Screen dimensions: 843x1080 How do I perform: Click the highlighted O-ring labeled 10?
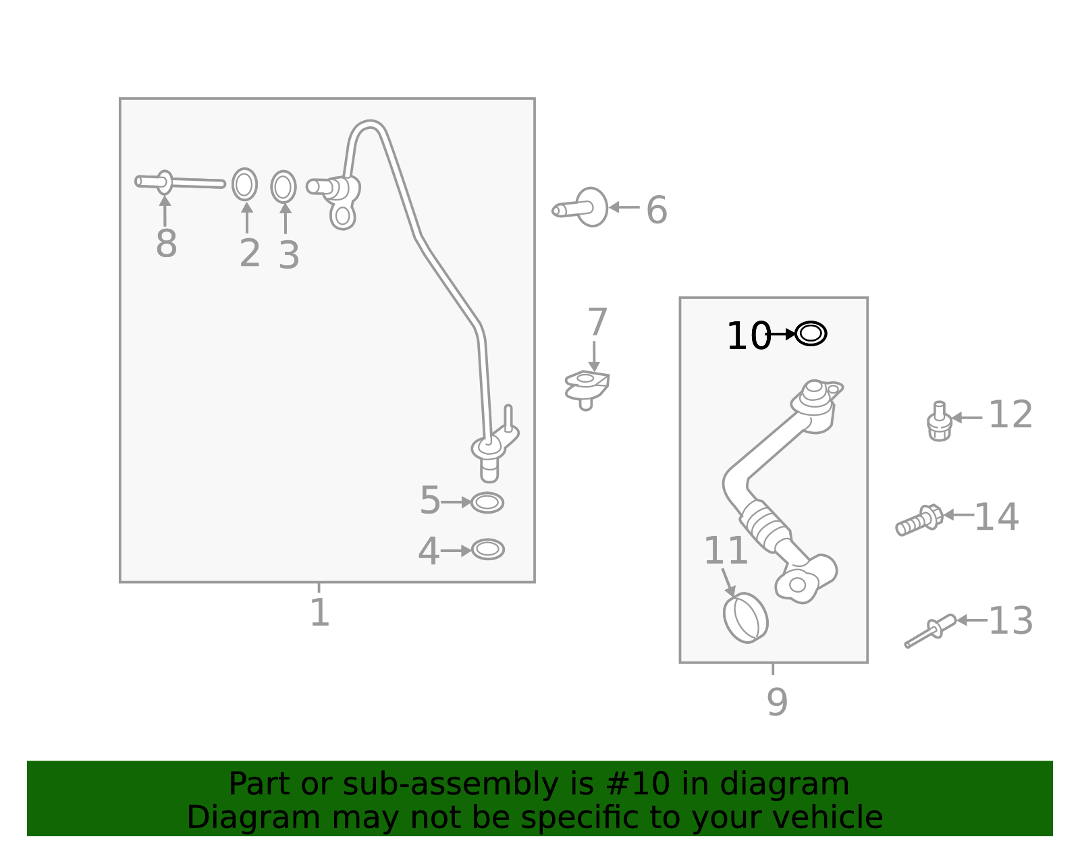point(811,333)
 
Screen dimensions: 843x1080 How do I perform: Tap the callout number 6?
point(656,210)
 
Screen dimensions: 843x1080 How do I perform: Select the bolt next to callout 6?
point(582,207)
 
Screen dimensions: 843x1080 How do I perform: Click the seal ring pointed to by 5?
point(487,503)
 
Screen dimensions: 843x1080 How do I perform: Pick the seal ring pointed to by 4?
point(487,549)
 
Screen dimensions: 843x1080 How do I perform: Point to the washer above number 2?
point(244,184)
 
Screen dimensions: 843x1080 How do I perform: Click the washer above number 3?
point(283,187)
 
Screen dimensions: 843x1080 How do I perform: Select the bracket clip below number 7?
point(587,387)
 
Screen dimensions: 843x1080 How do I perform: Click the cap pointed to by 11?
point(745,618)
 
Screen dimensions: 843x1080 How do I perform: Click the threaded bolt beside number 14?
point(919,520)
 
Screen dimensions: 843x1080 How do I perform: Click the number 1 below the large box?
point(319,613)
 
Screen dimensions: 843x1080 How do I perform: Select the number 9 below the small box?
point(776,702)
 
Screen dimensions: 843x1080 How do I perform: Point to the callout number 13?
point(1010,621)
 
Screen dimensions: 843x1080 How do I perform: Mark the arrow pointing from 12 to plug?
point(967,418)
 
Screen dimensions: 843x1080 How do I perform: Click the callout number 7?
point(597,323)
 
